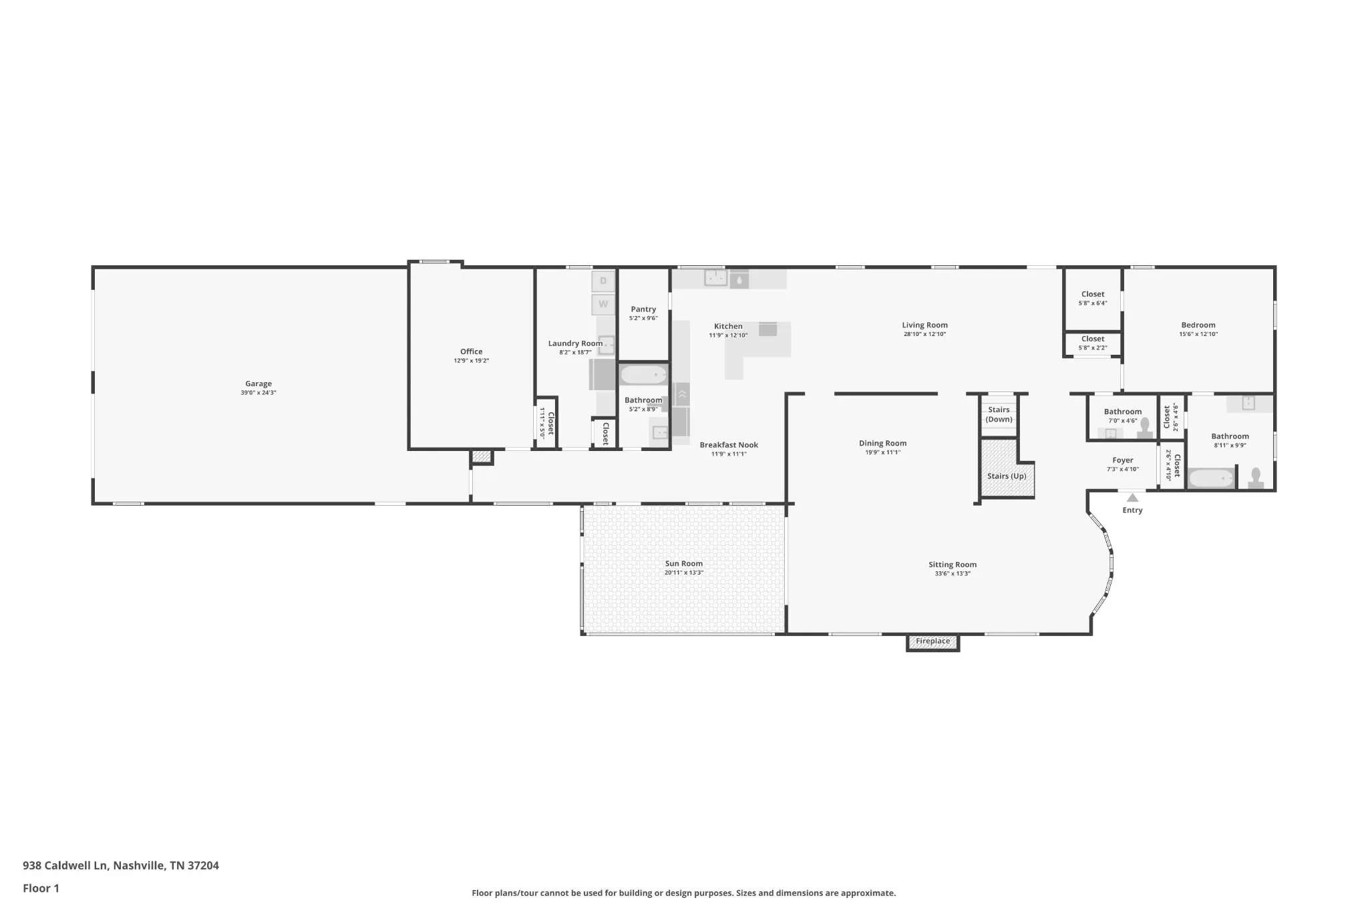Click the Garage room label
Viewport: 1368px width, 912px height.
point(259,384)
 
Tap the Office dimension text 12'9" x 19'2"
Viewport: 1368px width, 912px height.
point(472,361)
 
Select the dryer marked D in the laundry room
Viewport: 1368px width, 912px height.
point(603,281)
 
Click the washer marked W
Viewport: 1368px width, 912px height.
point(603,304)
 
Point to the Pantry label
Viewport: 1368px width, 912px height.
point(643,309)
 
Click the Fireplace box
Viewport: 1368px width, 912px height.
point(932,642)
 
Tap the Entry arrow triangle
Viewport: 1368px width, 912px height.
point(1132,497)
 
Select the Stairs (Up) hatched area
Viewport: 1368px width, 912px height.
point(1007,468)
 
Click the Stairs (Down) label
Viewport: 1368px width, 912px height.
point(999,415)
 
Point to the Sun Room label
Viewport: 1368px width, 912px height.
point(684,564)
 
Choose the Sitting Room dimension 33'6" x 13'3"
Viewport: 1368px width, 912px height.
point(953,574)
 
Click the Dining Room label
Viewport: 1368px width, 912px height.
point(882,443)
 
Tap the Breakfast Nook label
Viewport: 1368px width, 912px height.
point(729,445)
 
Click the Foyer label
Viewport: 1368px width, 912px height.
point(1123,460)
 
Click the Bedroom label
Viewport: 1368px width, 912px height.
point(1198,325)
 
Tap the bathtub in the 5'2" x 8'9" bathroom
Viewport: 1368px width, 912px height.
point(643,375)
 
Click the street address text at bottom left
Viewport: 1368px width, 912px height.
point(121,865)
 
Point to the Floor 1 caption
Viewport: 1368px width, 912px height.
point(41,888)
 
